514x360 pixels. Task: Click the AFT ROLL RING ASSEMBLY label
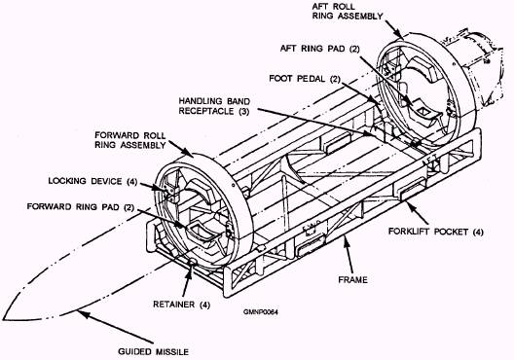[348, 11]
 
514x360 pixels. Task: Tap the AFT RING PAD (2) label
[320, 49]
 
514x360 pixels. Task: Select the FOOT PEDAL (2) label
[305, 79]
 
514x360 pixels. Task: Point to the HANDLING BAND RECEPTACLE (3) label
[214, 106]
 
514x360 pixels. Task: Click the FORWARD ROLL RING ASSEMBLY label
[130, 140]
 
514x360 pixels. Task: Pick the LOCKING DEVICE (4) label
[92, 181]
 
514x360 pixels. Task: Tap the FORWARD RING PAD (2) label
[81, 207]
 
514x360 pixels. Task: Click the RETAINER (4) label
[181, 305]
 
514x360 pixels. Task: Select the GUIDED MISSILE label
[154, 352]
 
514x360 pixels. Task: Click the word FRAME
[352, 280]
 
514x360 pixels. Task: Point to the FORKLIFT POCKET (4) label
[436, 232]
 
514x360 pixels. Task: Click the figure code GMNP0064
[261, 312]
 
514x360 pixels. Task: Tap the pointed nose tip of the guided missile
[3, 319]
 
